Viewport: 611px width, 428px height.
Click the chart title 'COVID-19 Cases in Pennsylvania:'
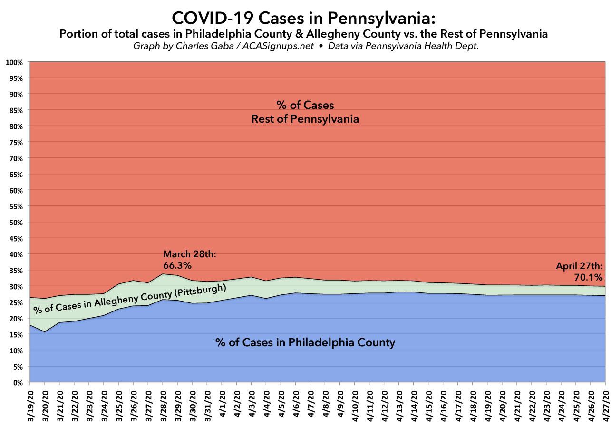303,18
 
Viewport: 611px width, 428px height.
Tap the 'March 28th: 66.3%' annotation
190,259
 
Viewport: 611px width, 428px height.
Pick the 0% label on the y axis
18,382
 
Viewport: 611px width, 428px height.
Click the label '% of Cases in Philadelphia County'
305,342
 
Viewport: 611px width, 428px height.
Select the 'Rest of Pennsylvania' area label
305,119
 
